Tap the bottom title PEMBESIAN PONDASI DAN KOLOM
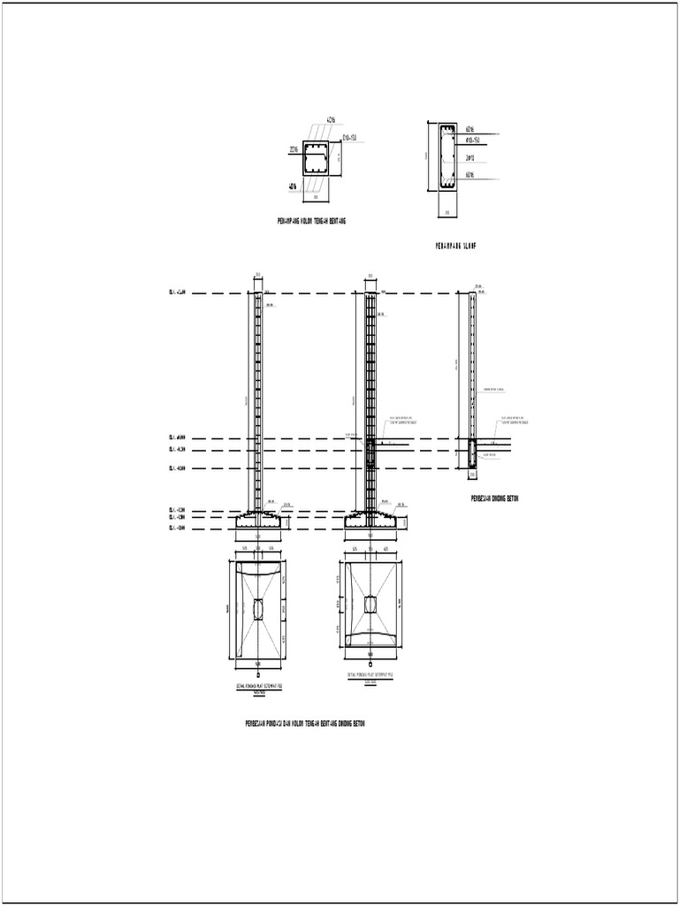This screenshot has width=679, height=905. point(304,724)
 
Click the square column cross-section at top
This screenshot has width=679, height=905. point(317,157)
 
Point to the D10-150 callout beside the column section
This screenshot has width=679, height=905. point(348,137)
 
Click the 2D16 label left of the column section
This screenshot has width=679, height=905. point(294,148)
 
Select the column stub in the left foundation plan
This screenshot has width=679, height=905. point(258,609)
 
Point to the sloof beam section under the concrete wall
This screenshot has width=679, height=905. point(471,452)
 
